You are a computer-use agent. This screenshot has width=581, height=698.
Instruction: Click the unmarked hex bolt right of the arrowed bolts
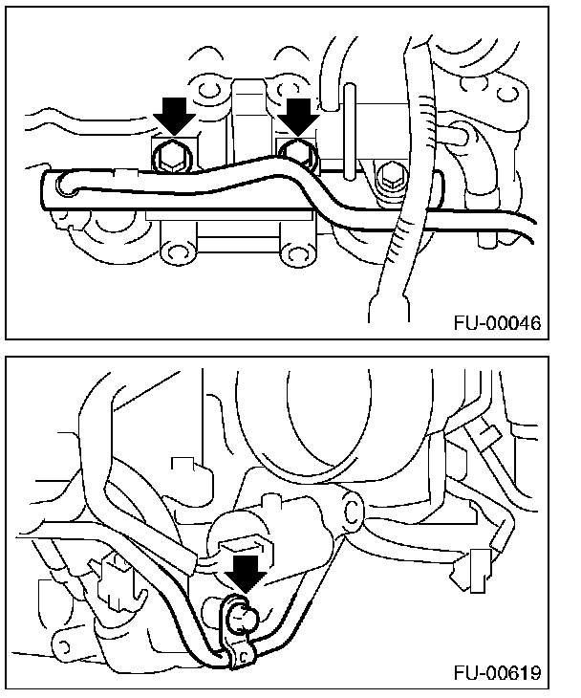click(390, 177)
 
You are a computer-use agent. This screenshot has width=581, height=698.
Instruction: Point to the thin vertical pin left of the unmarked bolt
click(352, 124)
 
